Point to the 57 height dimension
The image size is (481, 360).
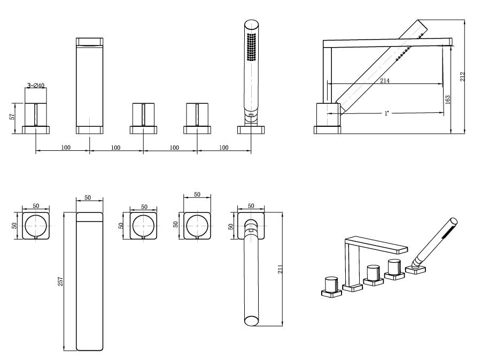pos(12,116)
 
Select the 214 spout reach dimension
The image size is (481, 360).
pos(385,80)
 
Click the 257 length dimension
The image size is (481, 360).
pos(60,280)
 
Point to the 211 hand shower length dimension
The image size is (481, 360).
pos(280,269)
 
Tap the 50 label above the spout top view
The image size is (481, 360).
pos(88,198)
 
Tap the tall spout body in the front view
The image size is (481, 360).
pos(89,86)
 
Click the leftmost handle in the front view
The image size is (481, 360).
pos(36,114)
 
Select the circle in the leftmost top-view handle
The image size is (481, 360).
pos(36,225)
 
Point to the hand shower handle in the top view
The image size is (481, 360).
pos(251,278)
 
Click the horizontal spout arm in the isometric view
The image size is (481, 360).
pos(377,244)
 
